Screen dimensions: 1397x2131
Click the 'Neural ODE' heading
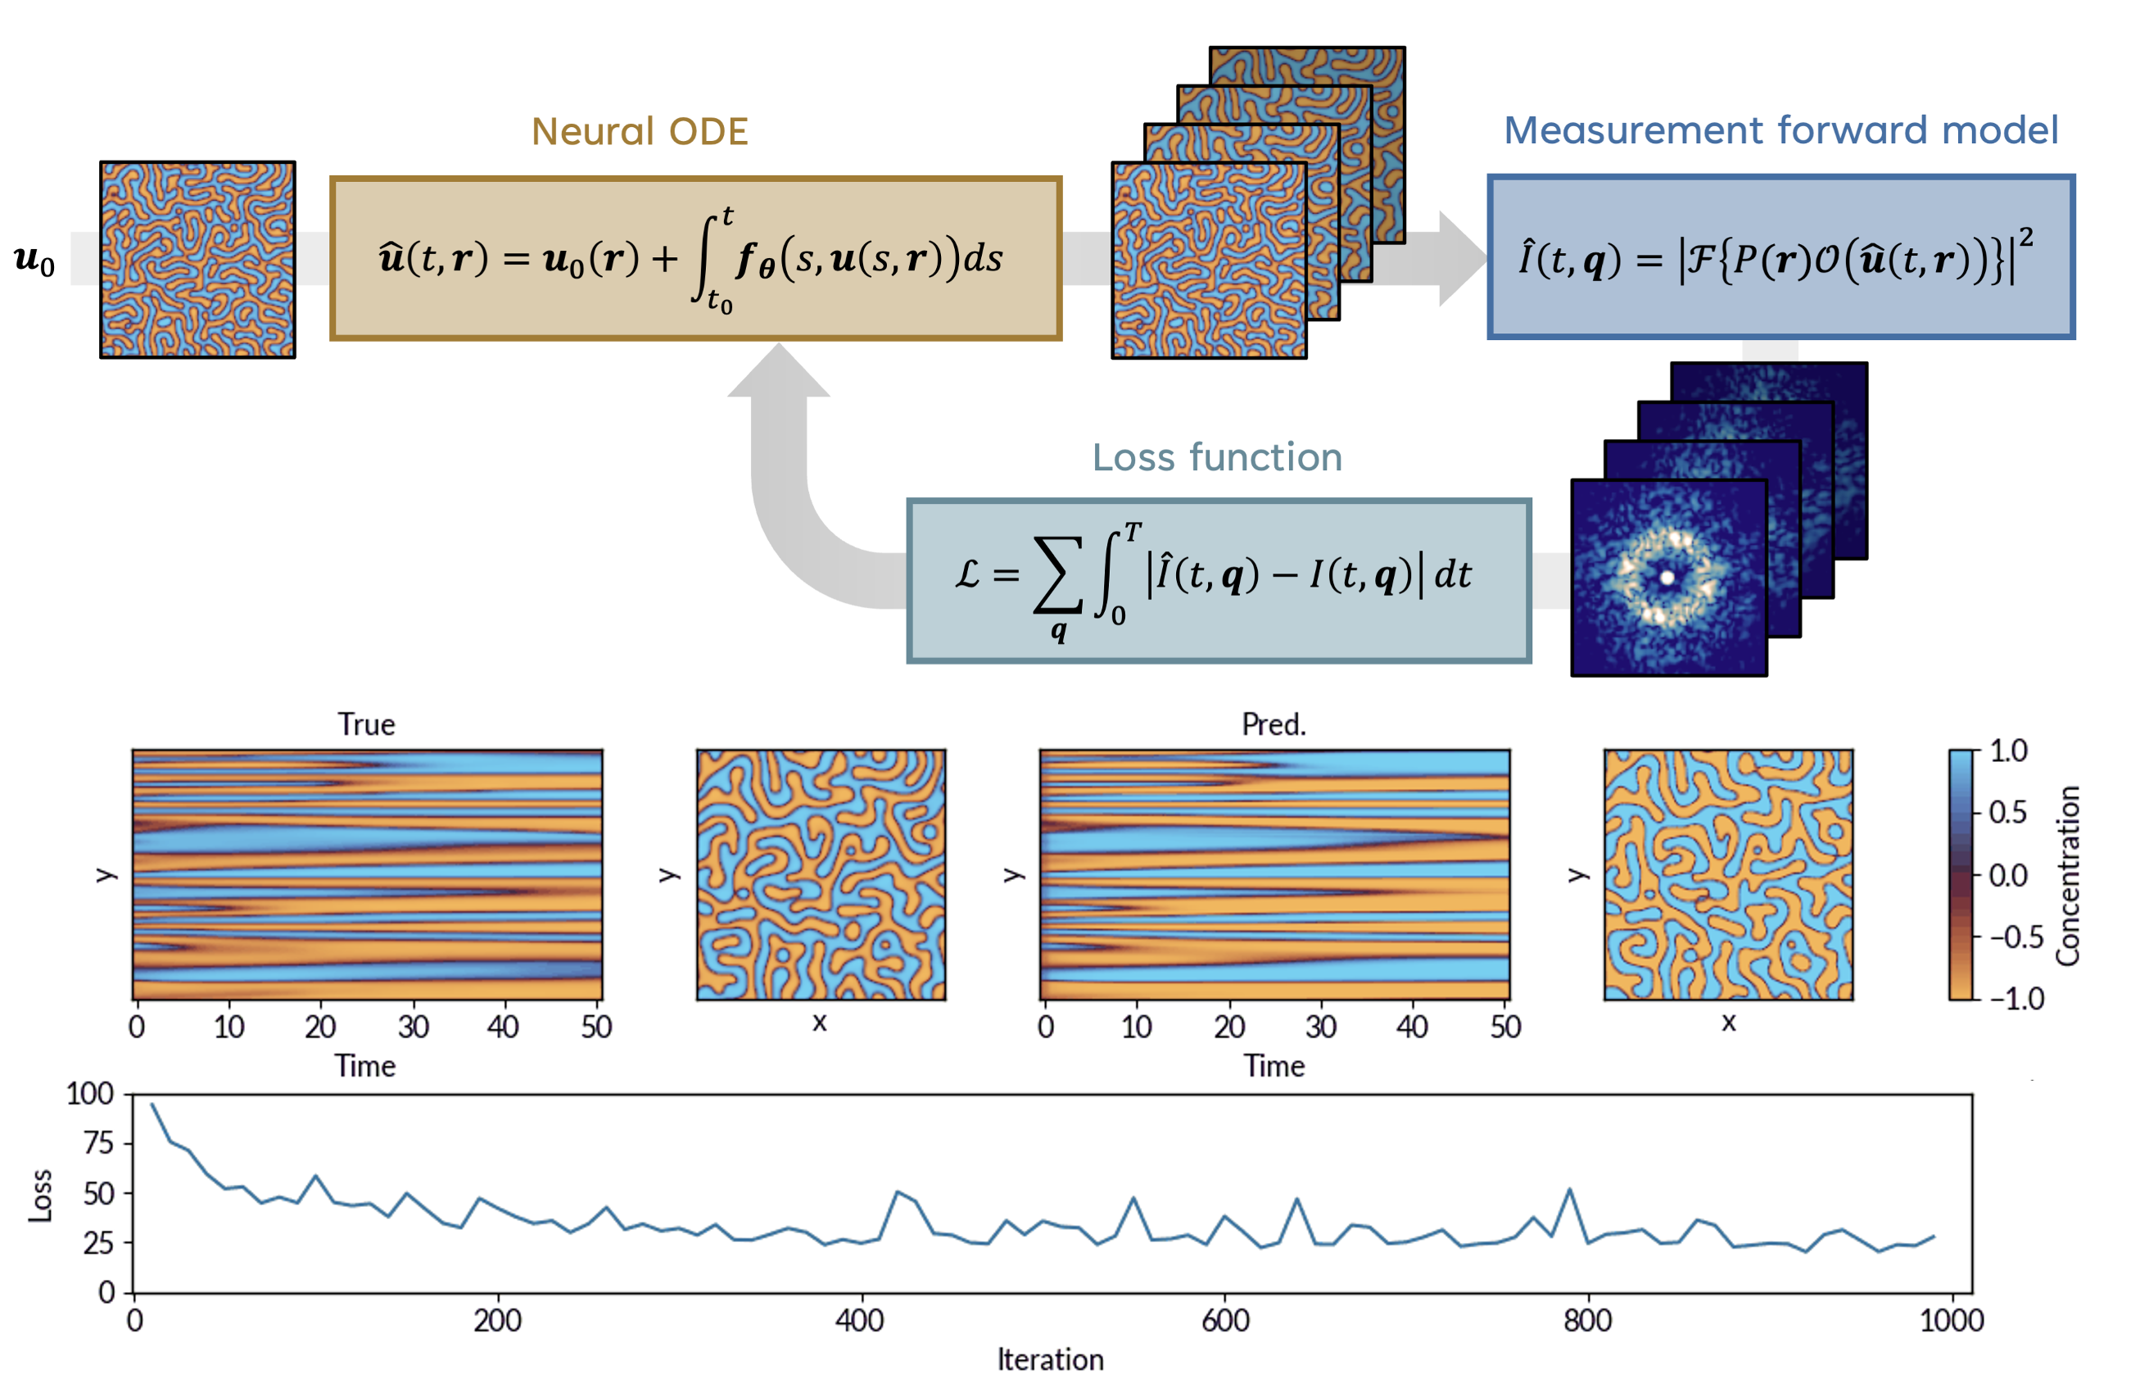point(640,132)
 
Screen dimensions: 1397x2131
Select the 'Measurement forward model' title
point(1780,131)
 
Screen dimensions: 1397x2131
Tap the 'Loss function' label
point(1217,457)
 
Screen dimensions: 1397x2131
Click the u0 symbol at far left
point(34,260)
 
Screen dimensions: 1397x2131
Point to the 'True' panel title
point(366,724)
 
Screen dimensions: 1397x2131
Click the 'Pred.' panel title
point(1274,724)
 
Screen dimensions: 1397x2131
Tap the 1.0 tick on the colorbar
point(2008,751)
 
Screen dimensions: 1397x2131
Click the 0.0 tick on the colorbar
point(2008,875)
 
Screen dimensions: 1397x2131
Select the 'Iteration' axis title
point(1050,1360)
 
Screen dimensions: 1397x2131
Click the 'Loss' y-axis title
point(41,1195)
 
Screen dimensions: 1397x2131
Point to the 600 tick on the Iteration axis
point(1225,1321)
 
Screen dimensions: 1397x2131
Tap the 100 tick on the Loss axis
point(90,1095)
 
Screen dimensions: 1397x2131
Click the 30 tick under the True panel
point(413,1027)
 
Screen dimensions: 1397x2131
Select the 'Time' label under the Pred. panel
point(1274,1067)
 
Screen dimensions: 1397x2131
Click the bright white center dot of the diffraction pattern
point(1667,578)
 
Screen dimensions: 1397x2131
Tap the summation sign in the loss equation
point(1057,575)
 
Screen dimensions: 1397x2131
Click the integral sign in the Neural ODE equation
point(708,258)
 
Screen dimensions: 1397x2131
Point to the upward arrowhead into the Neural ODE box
point(778,369)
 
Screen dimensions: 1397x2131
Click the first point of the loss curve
point(152,1104)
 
